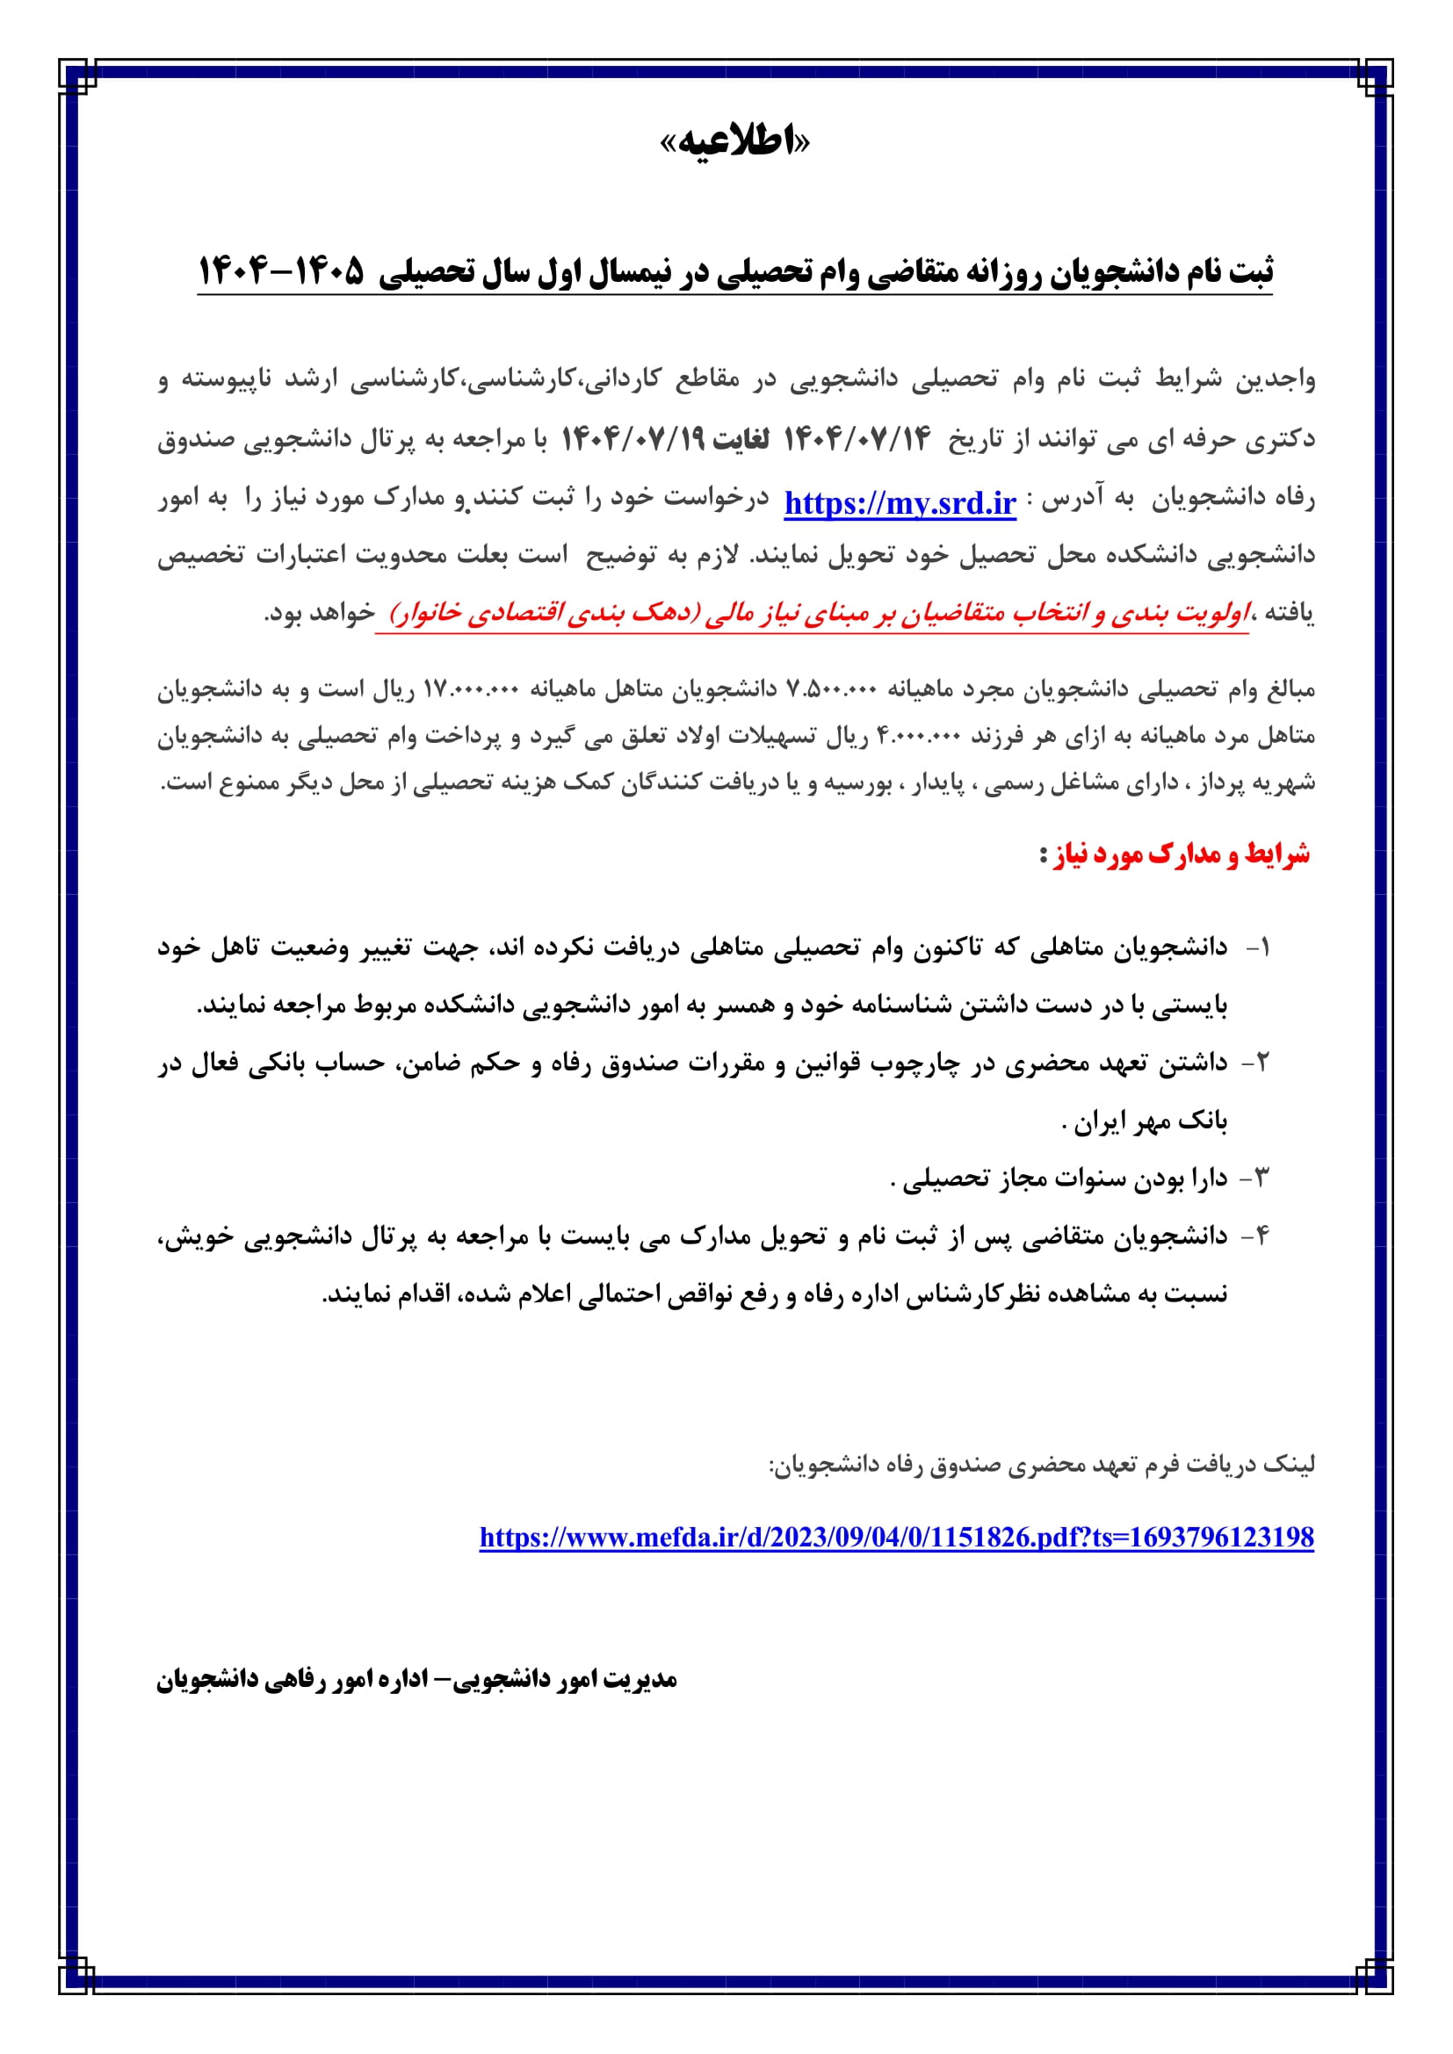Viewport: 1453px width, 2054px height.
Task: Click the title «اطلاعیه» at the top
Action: (734, 142)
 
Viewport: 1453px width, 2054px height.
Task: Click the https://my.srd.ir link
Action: (900, 504)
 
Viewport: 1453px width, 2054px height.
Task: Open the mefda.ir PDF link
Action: (897, 1537)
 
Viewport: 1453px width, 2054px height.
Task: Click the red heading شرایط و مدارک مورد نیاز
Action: (1174, 854)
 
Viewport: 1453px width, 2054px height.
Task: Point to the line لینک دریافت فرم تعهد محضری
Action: (1042, 1465)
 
